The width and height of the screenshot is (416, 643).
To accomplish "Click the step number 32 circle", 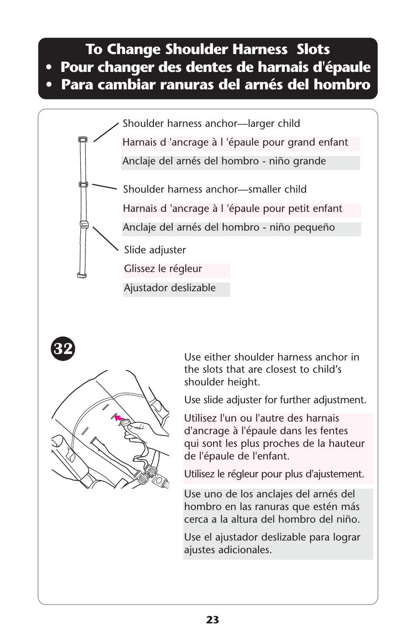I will tap(63, 349).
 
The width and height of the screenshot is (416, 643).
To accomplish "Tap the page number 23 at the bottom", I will tap(213, 620).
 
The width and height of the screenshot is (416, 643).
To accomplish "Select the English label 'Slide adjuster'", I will tap(155, 250).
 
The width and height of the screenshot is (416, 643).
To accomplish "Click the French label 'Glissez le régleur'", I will tap(163, 269).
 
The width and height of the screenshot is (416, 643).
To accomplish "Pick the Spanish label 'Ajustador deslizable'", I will tap(170, 288).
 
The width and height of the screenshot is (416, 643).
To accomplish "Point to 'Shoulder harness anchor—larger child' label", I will tap(211, 123).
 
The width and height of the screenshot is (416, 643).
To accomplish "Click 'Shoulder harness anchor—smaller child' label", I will tap(215, 189).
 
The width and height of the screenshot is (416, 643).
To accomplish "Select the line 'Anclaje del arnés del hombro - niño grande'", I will tap(224, 161).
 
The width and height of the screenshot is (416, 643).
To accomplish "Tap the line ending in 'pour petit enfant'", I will tap(232, 208).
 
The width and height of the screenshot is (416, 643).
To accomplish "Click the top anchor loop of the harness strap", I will tap(82, 139).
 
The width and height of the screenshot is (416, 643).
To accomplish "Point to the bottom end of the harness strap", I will tap(82, 275).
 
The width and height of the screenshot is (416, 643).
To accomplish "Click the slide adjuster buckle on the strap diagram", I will tap(84, 225).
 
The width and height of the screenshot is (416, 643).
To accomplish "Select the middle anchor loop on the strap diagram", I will tap(83, 184).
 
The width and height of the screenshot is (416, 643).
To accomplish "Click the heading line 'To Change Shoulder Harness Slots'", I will tap(208, 49).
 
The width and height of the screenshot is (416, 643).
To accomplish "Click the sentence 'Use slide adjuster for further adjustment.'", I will tap(275, 400).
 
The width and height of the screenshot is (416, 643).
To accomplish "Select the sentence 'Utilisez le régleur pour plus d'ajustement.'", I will tap(274, 474).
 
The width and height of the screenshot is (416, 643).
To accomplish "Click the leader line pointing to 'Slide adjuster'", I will tap(106, 239).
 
